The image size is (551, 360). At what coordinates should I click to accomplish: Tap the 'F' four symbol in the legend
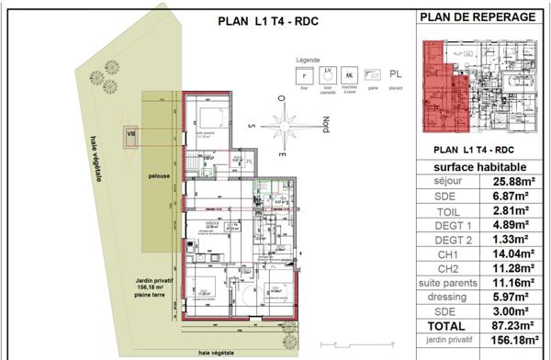[x=302, y=75]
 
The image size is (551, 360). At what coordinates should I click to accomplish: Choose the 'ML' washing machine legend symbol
[x=350, y=75]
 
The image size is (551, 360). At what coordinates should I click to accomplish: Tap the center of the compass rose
[x=286, y=126]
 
